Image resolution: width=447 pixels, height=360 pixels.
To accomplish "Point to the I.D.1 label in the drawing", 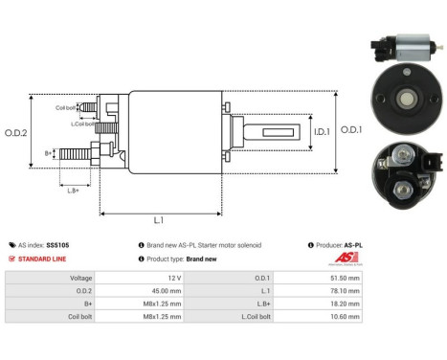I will point(323,131).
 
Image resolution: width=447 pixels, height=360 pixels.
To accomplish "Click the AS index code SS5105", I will point(57,245).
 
